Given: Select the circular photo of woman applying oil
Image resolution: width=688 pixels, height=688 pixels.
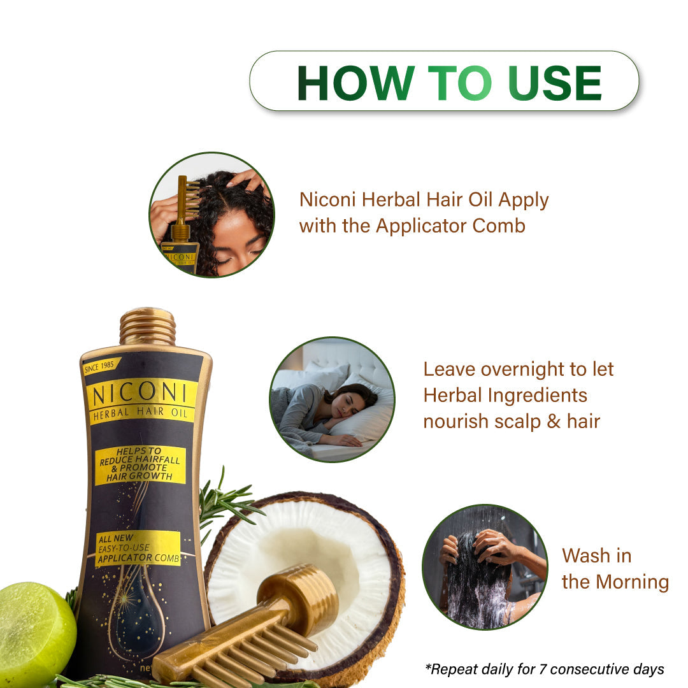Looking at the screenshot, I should coord(211,214).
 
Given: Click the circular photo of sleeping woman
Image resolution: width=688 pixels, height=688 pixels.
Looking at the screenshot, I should coord(332,399).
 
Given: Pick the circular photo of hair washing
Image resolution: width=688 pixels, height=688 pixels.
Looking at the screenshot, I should coord(484,567).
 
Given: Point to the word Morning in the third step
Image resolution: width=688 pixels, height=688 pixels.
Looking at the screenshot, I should coord(633,582).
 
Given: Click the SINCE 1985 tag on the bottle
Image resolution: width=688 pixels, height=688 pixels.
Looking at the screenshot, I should coord(101,368).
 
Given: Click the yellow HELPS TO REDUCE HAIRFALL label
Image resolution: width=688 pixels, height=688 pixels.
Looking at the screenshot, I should coord(141,465).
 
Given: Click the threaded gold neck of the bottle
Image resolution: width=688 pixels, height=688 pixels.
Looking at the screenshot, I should coord(148,327).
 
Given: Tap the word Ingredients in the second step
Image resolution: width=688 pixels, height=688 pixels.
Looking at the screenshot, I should coord(537,395).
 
